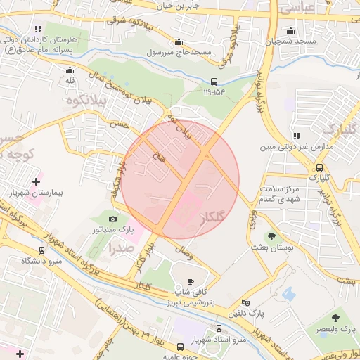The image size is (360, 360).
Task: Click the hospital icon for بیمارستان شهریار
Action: coord(36,181)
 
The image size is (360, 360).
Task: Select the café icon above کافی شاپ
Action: coord(191,281)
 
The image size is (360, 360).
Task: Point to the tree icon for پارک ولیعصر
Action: coord(335,319)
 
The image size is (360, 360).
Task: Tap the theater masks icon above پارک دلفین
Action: coord(245,302)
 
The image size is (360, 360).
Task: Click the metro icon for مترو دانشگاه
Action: coord(42,250)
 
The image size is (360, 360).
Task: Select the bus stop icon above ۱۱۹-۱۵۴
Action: coord(214,82)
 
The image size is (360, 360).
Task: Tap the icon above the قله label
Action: coord(69,70)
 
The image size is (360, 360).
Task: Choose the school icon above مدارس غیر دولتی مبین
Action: coord(295,136)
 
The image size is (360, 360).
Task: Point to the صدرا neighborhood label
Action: coord(120,247)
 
